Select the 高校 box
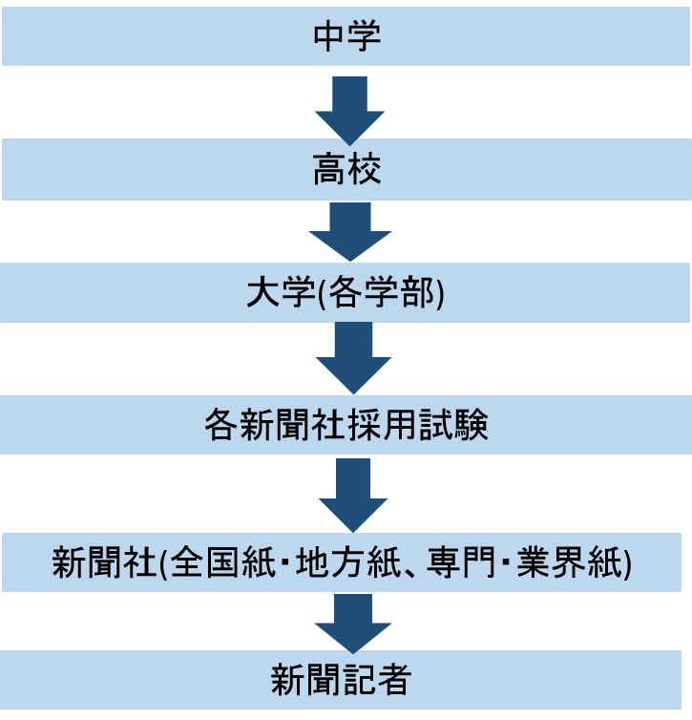click(346, 173)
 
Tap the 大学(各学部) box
click(346, 294)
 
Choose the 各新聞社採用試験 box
click(346, 426)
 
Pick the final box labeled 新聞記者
click(346, 680)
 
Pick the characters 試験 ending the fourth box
click(453, 426)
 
